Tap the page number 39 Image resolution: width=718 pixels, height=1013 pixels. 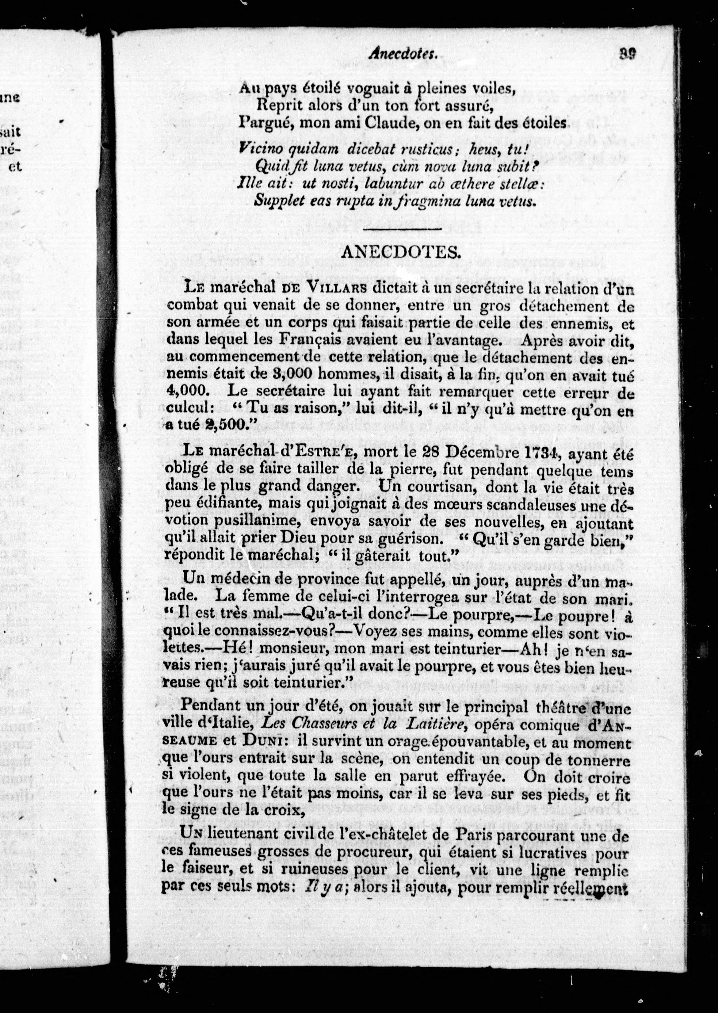click(627, 54)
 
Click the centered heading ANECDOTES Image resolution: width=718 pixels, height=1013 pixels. click(401, 252)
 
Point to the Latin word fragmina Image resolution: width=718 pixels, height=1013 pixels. click(425, 201)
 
